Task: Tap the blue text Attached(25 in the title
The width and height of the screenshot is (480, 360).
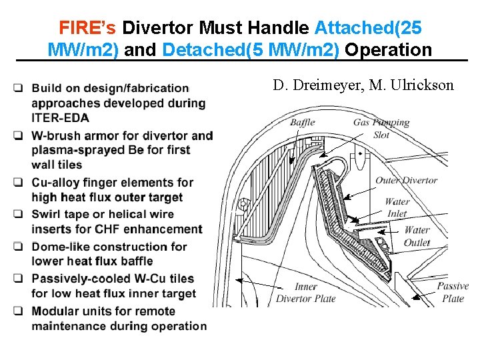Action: pyautogui.click(x=367, y=28)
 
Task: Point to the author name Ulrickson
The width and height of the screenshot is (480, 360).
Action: pyautogui.click(x=421, y=85)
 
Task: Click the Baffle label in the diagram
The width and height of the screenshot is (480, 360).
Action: pyautogui.click(x=302, y=123)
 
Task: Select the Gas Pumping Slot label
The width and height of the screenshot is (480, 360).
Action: pyautogui.click(x=381, y=128)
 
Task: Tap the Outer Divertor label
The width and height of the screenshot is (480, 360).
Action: pyautogui.click(x=406, y=180)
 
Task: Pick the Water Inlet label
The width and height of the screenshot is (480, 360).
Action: pyautogui.click(x=397, y=207)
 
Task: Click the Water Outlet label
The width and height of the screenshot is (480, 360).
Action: pyautogui.click(x=417, y=236)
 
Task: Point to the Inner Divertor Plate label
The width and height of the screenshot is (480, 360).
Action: pyautogui.click(x=306, y=292)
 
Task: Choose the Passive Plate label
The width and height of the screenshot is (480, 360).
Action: pyautogui.click(x=453, y=292)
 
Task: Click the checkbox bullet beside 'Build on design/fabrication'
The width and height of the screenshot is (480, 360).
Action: pyautogui.click(x=20, y=88)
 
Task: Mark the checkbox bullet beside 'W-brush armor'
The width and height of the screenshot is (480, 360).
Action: pyautogui.click(x=20, y=136)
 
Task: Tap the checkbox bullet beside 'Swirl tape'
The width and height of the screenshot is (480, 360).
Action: pyautogui.click(x=20, y=215)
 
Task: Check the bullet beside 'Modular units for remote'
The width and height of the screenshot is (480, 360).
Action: pyautogui.click(x=20, y=311)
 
